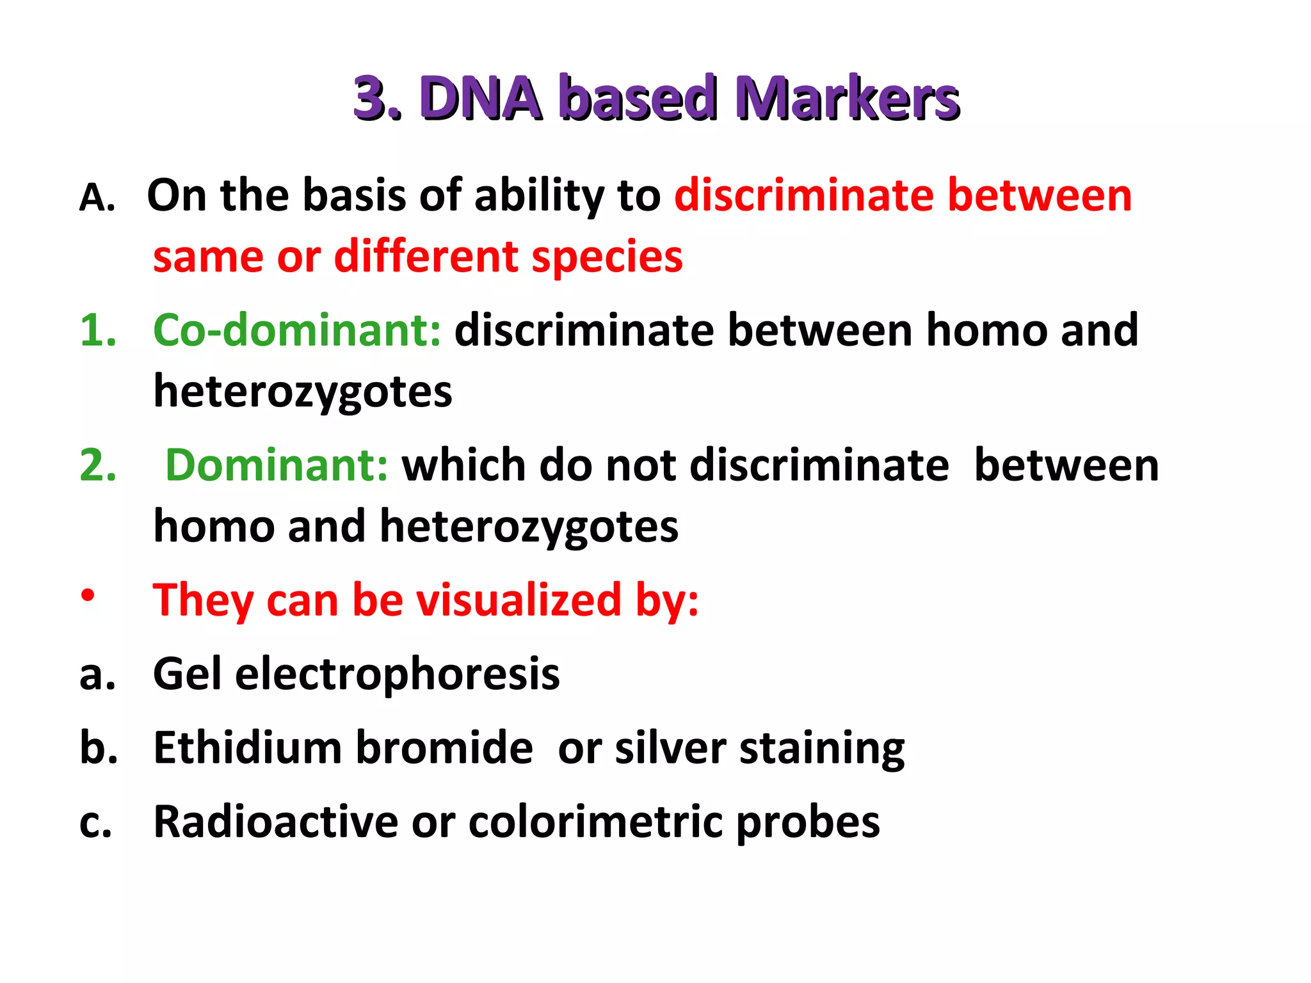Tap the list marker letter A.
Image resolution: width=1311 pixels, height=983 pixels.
pyautogui.click(x=96, y=197)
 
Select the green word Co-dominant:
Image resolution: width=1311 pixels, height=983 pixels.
pyautogui.click(x=296, y=330)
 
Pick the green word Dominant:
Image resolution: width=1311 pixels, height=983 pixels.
pyautogui.click(x=277, y=465)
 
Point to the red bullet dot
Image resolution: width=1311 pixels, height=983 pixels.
pyautogui.click(x=88, y=596)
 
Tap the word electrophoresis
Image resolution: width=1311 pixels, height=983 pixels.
pyautogui.click(x=397, y=675)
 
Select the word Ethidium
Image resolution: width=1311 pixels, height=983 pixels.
pyautogui.click(x=248, y=747)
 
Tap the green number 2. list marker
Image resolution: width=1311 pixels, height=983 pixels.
pyautogui.click(x=98, y=465)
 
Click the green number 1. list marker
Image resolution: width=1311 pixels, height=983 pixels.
pyautogui.click(x=98, y=330)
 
